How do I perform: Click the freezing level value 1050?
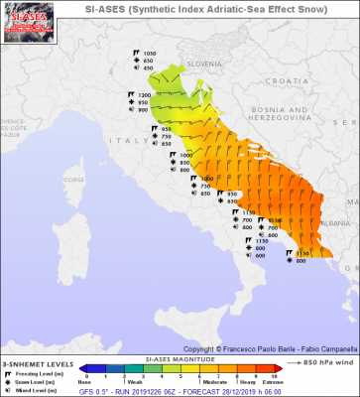(x=150, y=52)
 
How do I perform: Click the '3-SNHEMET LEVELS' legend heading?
(x=35, y=336)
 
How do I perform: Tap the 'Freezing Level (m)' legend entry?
(x=39, y=348)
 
